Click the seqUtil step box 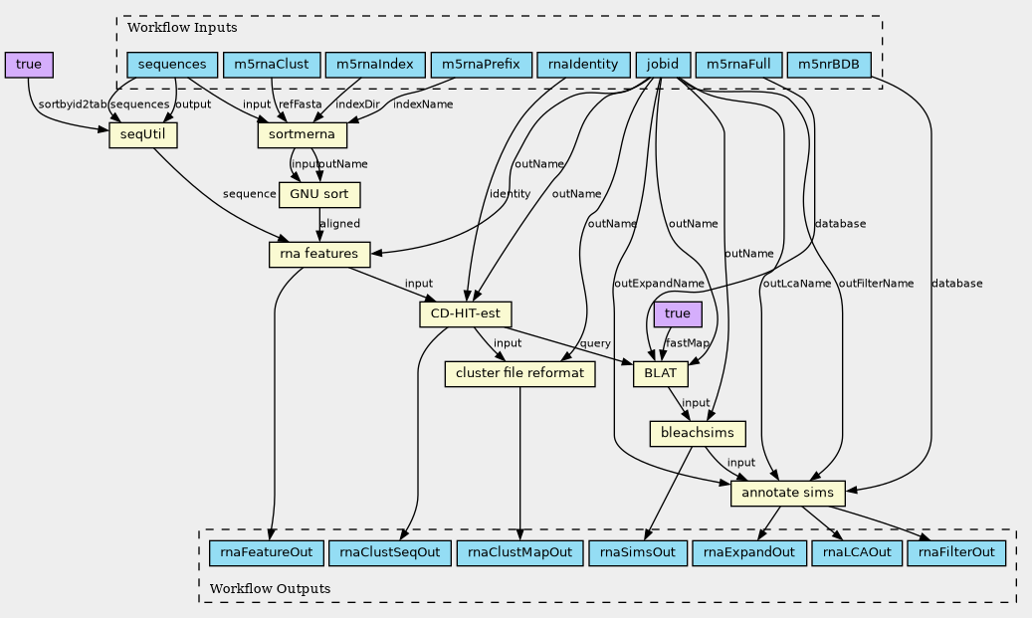tap(142, 134)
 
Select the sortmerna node tap(302, 134)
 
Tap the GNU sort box tap(319, 194)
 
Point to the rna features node tap(319, 255)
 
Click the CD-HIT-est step tap(465, 314)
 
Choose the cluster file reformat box tap(519, 374)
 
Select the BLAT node tap(660, 374)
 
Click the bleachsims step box tap(697, 434)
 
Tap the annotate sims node tap(788, 493)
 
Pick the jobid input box tap(662, 66)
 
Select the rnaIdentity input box tap(583, 66)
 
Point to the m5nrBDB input tap(829, 66)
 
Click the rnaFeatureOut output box tap(266, 552)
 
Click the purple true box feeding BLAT tap(678, 314)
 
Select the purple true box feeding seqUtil tap(29, 66)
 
